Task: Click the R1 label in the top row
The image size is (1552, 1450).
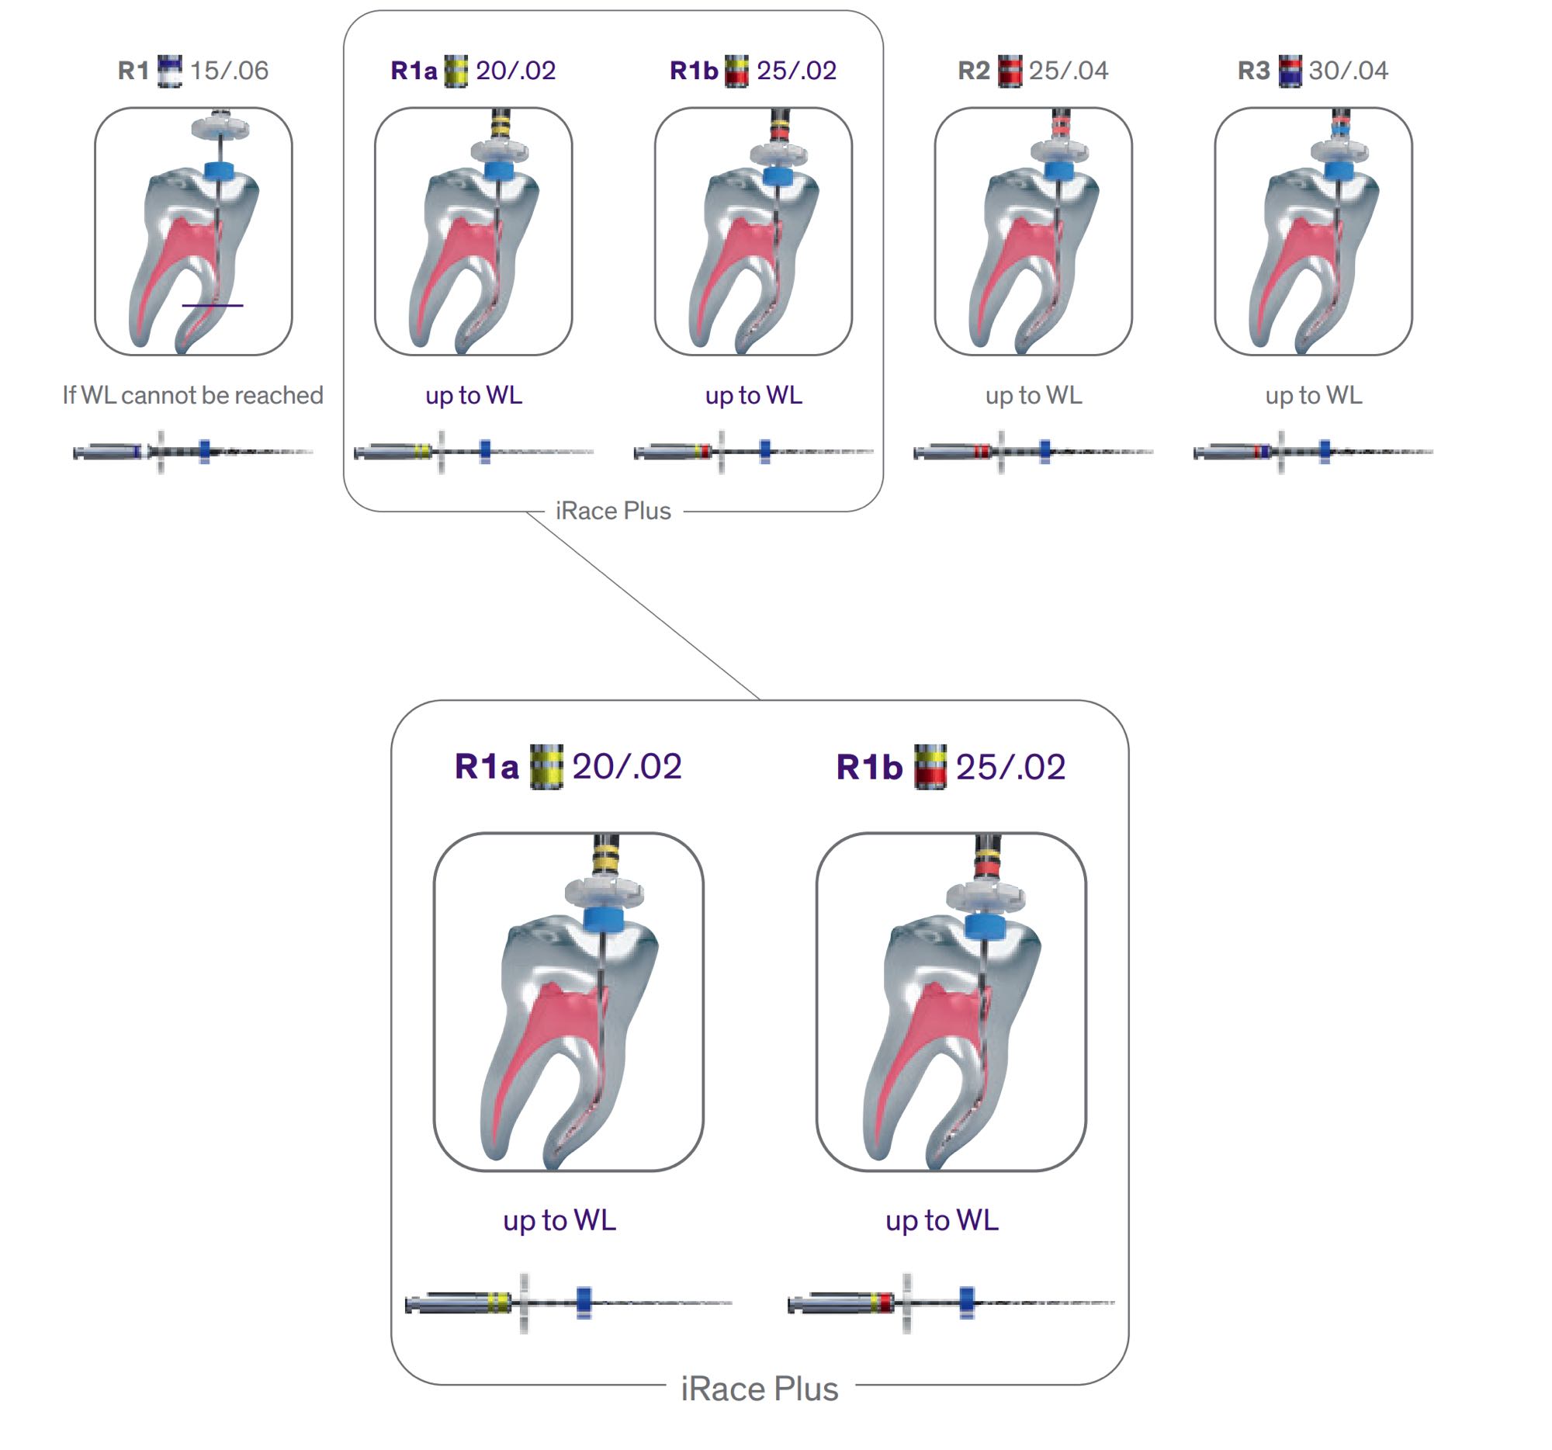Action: coord(133,71)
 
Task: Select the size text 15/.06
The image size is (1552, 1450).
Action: coord(229,71)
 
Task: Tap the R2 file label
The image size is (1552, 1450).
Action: coord(973,71)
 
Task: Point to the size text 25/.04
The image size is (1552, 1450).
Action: coord(1068,71)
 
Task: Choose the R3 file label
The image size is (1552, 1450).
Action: coord(1253,71)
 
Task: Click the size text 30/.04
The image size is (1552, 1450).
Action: coord(1348,71)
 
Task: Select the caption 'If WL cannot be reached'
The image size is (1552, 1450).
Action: coord(192,395)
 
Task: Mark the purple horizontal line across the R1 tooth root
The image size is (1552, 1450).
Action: coord(213,305)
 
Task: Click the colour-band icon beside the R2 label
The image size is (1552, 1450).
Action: coord(1010,71)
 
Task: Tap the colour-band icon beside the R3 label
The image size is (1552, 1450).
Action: coord(1290,71)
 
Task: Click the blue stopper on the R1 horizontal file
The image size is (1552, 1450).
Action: coord(205,451)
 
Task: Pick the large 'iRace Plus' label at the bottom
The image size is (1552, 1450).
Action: coord(759,1389)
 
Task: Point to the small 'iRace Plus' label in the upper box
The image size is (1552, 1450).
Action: coord(613,511)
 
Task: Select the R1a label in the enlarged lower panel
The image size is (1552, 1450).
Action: coord(487,767)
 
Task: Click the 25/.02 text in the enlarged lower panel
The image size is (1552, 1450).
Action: coord(1010,767)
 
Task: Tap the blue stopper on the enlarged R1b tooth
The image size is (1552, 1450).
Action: coord(986,925)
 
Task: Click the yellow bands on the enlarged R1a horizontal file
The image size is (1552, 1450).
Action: coord(498,1302)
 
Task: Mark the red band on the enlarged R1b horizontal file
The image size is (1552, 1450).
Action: coord(882,1302)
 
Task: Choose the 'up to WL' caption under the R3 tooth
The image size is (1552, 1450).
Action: coord(1313,395)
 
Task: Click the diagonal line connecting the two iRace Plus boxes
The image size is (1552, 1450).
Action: coord(644,606)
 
